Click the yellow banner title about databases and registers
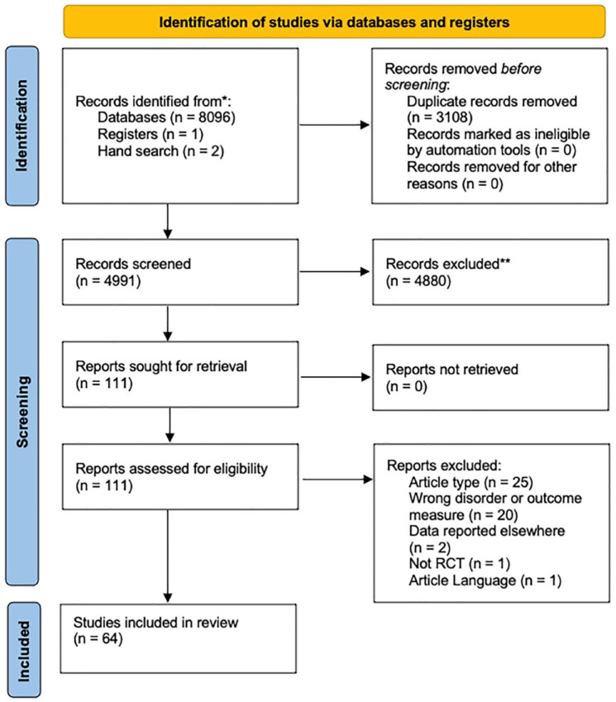334,22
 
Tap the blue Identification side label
21,126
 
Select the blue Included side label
23,651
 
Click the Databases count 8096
217,117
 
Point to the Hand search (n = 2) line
160,151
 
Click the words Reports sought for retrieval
161,366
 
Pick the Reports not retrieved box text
451,377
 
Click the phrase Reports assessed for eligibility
171,469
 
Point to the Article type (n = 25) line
470,482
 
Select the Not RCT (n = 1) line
460,564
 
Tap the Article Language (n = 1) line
485,580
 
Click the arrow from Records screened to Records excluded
334,271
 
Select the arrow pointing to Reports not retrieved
336,377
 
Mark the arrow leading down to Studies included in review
168,556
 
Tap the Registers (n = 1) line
150,134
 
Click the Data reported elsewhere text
487,531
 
